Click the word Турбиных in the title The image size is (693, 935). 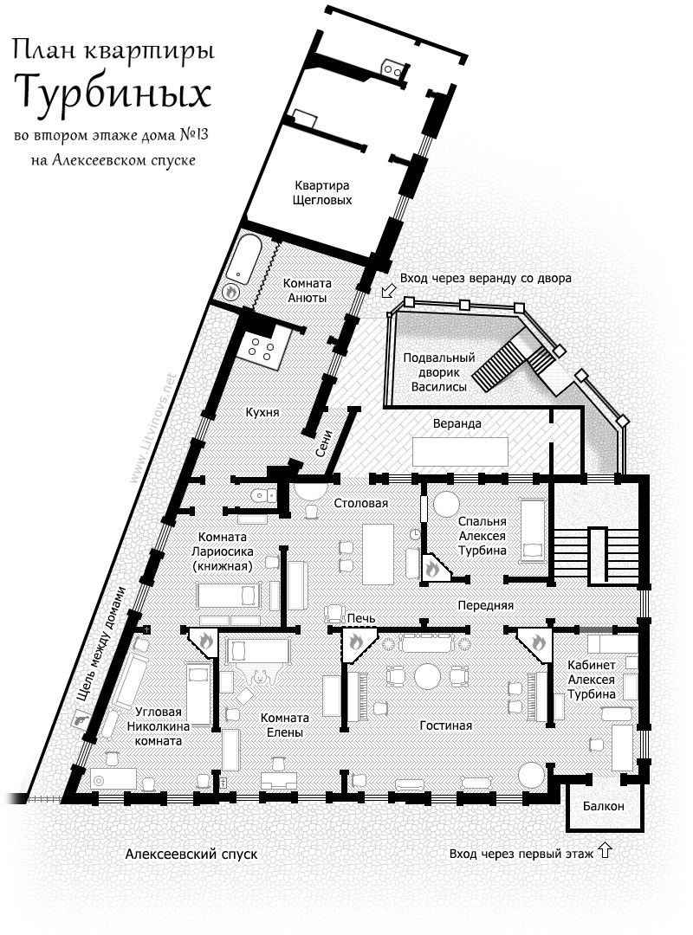pos(113,93)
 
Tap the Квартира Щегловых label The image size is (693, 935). pos(321,192)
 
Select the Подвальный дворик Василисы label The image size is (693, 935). pos(439,372)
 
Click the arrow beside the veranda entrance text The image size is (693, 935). pos(389,291)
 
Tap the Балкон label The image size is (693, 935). pos(604,806)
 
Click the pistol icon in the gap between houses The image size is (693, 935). pos(78,719)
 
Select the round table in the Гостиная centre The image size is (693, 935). pos(427,675)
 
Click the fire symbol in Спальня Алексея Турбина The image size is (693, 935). pos(432,568)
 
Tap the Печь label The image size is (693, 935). pos(362,618)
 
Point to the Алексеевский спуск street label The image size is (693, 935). pos(191,854)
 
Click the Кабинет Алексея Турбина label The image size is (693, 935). pos(591,680)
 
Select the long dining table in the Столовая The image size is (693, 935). pos(379,553)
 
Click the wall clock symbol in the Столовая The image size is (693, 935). pos(414,532)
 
